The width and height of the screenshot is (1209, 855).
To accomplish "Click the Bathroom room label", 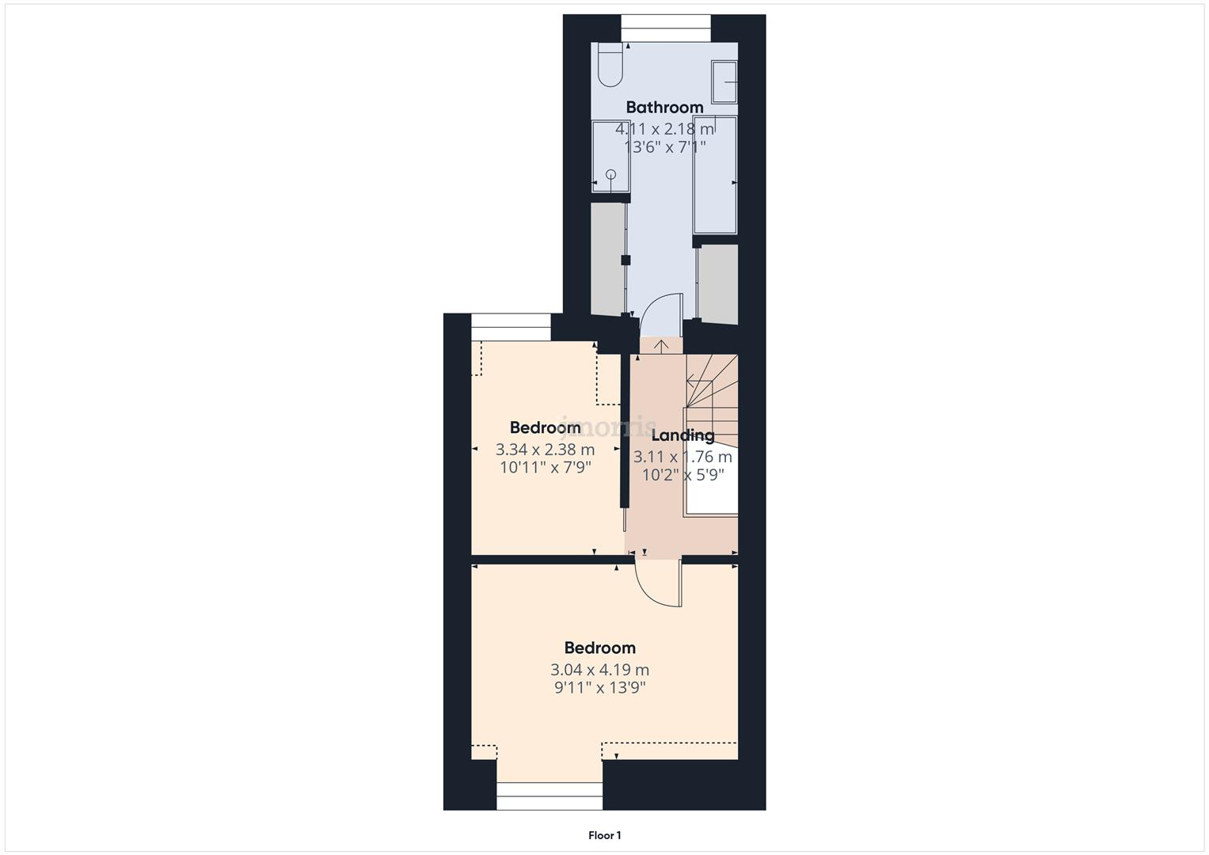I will pyautogui.click(x=664, y=107).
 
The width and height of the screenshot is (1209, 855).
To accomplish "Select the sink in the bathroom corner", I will pyautogui.click(x=724, y=82).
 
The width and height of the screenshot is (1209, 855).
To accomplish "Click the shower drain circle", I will pyautogui.click(x=610, y=174).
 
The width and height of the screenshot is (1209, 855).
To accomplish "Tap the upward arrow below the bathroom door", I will pyautogui.click(x=661, y=346).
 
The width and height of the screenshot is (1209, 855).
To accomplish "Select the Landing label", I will pyautogui.click(x=682, y=435).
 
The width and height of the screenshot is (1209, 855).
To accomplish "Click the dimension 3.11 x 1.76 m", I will pyautogui.click(x=682, y=457).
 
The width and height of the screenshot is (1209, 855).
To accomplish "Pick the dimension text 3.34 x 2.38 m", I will pyautogui.click(x=545, y=450).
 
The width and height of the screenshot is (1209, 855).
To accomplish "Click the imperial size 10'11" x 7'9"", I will pyautogui.click(x=545, y=468).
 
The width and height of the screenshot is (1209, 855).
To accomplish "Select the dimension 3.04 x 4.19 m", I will pyautogui.click(x=599, y=670).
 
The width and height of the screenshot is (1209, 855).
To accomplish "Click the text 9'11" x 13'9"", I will pyautogui.click(x=599, y=688).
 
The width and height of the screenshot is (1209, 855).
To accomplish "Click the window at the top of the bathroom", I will pyautogui.click(x=665, y=28).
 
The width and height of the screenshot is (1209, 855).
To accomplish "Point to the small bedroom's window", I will pyautogui.click(x=511, y=327).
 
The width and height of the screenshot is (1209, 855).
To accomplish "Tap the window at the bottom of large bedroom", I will pyautogui.click(x=549, y=796).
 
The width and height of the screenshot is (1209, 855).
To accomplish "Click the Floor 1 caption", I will pyautogui.click(x=604, y=835).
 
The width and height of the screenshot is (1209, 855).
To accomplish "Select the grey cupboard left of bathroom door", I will pyautogui.click(x=608, y=258).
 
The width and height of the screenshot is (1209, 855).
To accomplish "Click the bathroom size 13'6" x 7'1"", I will pyautogui.click(x=664, y=146).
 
